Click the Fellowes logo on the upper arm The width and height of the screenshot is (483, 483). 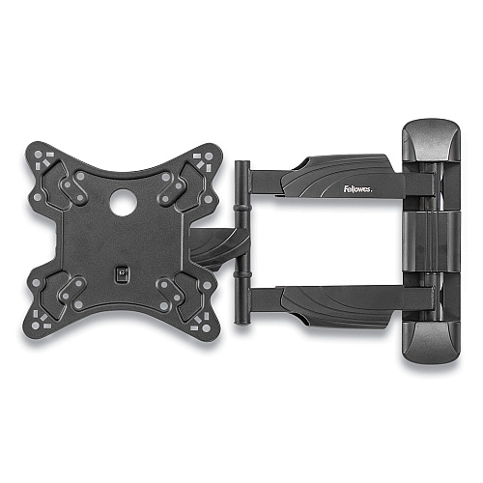(x=357, y=188)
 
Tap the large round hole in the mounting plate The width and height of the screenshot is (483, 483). (x=124, y=202)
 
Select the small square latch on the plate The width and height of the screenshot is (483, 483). (x=122, y=274)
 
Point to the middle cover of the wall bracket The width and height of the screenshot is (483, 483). (x=432, y=241)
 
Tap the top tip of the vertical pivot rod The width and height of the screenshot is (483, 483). (x=242, y=161)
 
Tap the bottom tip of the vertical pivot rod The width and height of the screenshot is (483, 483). (x=241, y=323)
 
